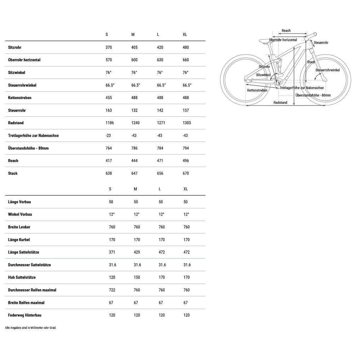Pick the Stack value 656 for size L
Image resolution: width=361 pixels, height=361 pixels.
coord(160,173)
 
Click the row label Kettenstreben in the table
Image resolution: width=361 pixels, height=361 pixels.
coord(19,98)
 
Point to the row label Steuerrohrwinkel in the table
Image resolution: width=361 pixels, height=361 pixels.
coord(22,85)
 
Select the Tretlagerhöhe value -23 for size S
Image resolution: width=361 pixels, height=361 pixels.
coord(108,136)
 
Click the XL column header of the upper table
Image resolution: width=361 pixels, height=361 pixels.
coord(185,34)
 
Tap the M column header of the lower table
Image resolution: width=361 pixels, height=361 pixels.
coord(135,189)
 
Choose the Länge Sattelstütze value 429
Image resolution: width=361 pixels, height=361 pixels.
coord(137,252)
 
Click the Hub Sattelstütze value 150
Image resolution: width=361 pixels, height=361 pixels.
coord(137,277)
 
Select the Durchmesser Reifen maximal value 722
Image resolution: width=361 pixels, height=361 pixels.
coord(112,290)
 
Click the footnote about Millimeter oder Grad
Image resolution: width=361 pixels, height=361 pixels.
coord(31,328)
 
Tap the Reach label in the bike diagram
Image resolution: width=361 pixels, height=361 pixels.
coord(286,31)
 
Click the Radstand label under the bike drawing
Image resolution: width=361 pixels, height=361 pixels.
coord(280,103)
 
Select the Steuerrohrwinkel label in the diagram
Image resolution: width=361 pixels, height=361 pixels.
coord(327,70)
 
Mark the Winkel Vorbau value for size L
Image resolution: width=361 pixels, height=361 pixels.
coord(161,214)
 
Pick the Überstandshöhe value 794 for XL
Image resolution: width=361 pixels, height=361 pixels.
coord(185,148)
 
